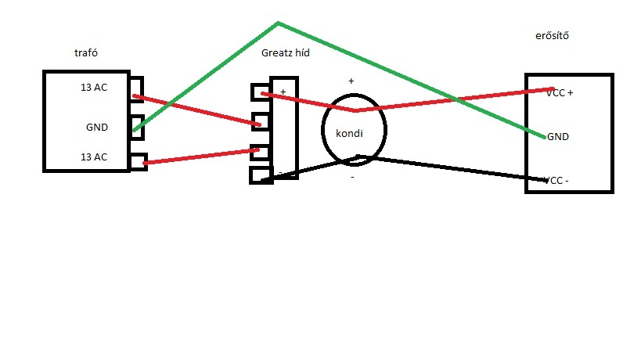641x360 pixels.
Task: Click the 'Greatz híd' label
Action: pyautogui.click(x=286, y=52)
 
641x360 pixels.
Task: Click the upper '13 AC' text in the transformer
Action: pyautogui.click(x=94, y=87)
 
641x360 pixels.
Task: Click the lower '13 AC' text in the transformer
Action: pyautogui.click(x=94, y=157)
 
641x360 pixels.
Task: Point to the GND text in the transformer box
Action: pyautogui.click(x=97, y=126)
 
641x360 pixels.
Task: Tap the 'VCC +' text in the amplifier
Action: pyautogui.click(x=560, y=92)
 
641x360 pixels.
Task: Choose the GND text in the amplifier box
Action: pyautogui.click(x=558, y=136)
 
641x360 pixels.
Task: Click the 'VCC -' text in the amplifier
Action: pyautogui.click(x=557, y=181)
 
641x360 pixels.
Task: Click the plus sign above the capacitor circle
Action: pyautogui.click(x=351, y=81)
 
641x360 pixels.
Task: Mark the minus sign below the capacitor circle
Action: pyautogui.click(x=352, y=178)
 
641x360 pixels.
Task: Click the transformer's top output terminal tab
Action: pyautogui.click(x=138, y=87)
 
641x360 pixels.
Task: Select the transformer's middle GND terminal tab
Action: pyautogui.click(x=138, y=127)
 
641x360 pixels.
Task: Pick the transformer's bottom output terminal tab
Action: pyautogui.click(x=138, y=161)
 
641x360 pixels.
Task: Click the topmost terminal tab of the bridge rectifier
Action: pyautogui.click(x=260, y=92)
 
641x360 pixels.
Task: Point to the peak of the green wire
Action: pyautogui.click(x=278, y=23)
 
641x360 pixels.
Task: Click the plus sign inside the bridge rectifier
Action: pyautogui.click(x=283, y=92)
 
